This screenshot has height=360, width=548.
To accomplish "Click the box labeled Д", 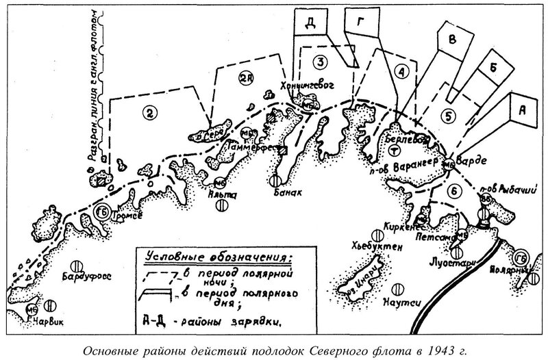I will [x=310, y=23].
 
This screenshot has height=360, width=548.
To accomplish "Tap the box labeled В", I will [x=451, y=39].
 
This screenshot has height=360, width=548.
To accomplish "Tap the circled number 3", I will [x=317, y=62].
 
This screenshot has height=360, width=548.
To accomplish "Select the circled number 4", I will [x=402, y=70].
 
